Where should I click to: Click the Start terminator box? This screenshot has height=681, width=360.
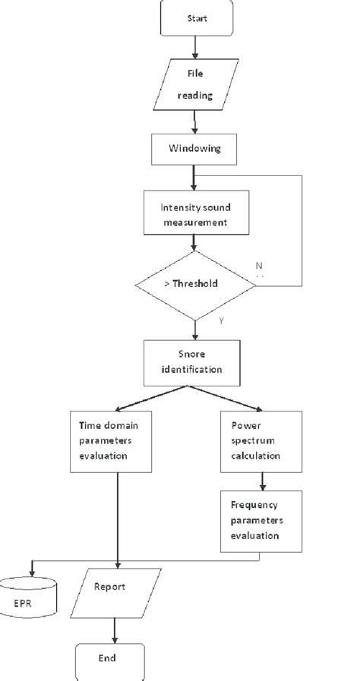(x=195, y=17)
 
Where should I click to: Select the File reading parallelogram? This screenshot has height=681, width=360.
(x=195, y=84)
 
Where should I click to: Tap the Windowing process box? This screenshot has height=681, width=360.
(x=195, y=149)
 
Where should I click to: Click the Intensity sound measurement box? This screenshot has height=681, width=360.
(x=195, y=215)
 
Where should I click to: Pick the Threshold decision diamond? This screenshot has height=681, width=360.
(x=196, y=285)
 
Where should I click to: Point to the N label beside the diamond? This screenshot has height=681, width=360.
(x=258, y=266)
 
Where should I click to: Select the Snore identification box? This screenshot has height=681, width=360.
(x=195, y=361)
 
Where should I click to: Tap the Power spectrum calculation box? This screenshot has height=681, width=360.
(x=261, y=440)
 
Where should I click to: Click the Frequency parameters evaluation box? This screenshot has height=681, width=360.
(x=261, y=519)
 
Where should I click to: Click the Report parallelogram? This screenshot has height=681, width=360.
(x=114, y=594)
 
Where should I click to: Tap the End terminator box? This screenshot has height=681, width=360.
(x=109, y=660)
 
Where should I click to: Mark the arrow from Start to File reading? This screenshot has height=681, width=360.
(x=195, y=47)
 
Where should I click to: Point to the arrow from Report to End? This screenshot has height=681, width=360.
(x=114, y=629)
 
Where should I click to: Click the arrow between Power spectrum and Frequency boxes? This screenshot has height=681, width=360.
(x=261, y=480)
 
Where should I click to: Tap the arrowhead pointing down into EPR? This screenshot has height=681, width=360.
(x=30, y=571)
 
